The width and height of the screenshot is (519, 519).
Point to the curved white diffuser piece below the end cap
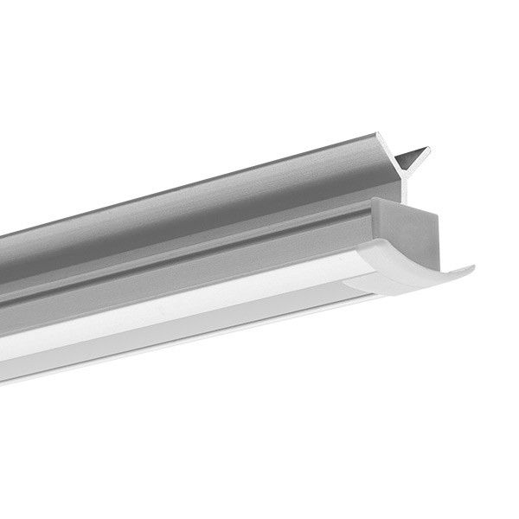407,277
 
